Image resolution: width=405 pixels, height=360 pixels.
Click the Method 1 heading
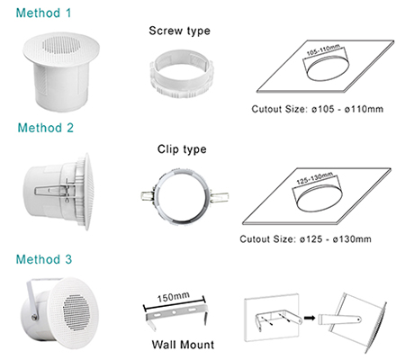pos(43,13)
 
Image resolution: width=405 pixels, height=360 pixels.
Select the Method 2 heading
pos(46,128)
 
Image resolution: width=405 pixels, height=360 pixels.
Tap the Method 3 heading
pos(44,259)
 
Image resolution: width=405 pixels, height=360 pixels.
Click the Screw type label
pos(179,31)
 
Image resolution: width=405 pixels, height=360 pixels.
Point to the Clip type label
pos(182,149)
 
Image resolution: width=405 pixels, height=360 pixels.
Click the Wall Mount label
pos(183,345)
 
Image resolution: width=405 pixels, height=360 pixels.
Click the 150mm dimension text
pos(174,297)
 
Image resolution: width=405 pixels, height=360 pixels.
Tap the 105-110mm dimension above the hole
pos(323,50)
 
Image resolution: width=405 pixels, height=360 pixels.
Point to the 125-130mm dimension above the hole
pos(315,178)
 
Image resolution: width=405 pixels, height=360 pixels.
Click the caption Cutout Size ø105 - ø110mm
pos(318,109)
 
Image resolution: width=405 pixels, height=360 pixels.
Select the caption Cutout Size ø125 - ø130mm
pos(305,239)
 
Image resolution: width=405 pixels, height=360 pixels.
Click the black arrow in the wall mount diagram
pos(310,318)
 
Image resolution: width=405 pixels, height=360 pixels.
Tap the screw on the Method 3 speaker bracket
pos(34,317)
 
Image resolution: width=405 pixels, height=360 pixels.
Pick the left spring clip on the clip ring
pos(148,196)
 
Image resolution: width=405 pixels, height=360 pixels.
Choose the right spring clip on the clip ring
pos(220,196)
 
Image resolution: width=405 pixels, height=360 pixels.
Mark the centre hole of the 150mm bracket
pos(174,312)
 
